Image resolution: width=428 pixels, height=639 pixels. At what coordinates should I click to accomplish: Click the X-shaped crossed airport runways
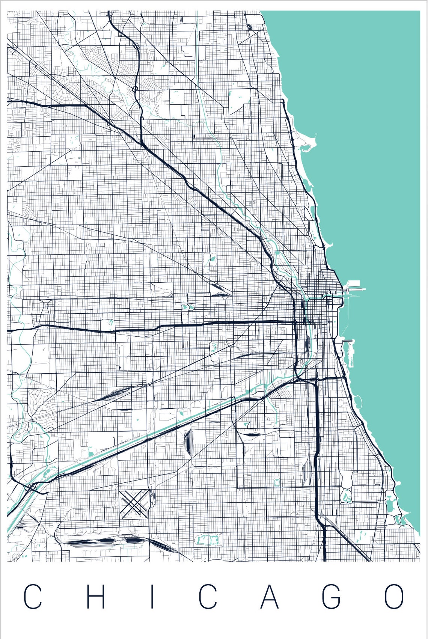134,503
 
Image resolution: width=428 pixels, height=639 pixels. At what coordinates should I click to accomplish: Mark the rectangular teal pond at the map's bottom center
207,540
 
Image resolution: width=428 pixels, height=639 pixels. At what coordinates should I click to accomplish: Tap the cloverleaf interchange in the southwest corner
30,488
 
